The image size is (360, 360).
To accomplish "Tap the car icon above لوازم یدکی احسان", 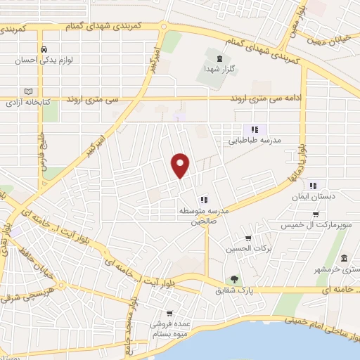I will (44, 49).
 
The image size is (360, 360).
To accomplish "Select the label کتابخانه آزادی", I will (28, 103).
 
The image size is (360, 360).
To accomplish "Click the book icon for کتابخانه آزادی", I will (28, 91).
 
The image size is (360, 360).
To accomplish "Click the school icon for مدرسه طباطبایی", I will (255, 129).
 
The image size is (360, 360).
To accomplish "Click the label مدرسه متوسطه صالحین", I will (204, 215).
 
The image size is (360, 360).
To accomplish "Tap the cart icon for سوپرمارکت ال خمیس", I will (316, 214).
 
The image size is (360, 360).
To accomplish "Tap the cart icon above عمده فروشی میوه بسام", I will (169, 314).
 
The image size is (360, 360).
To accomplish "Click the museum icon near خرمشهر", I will (344, 259).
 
